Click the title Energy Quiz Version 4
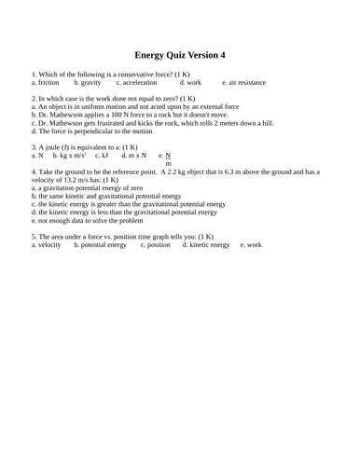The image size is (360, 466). tap(180, 55)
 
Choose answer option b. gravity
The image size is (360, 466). tap(88, 83)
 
